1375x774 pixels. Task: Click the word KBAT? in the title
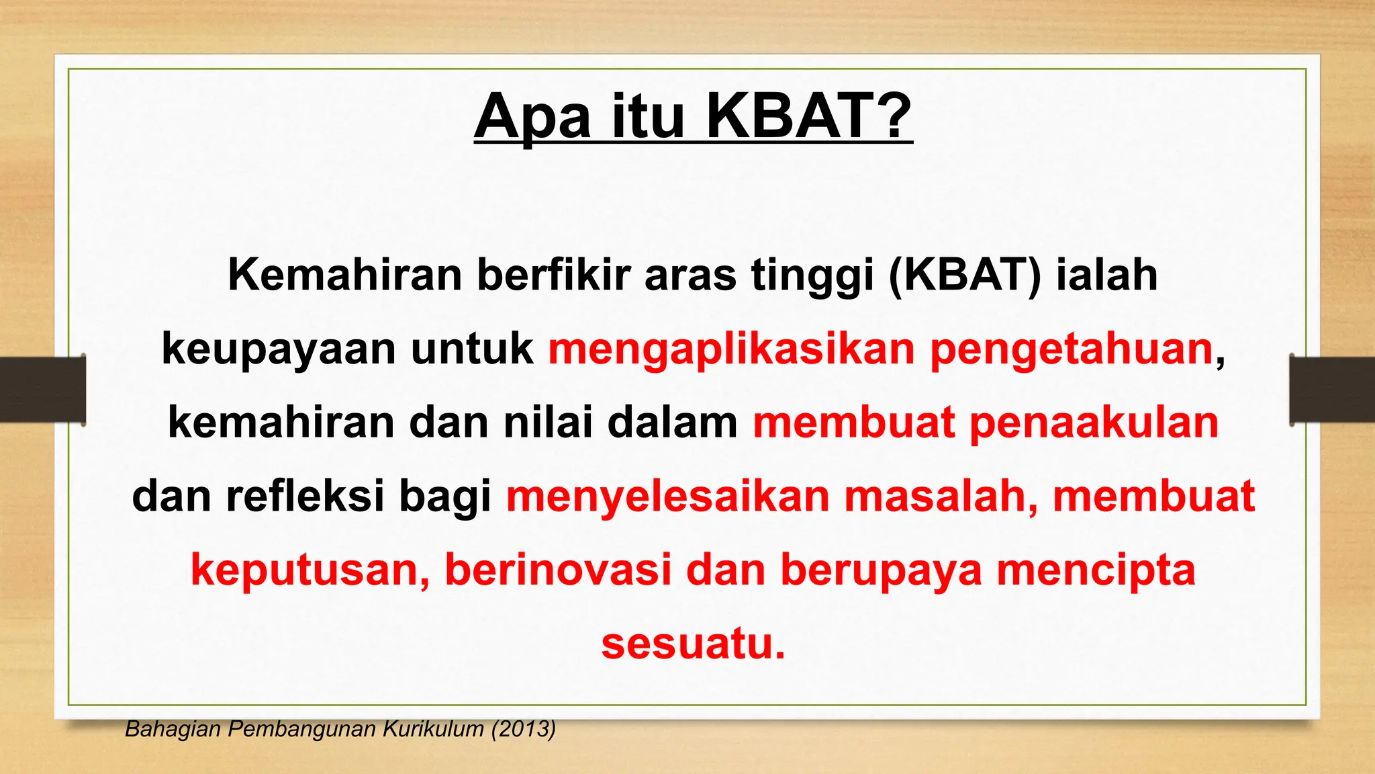[808, 116]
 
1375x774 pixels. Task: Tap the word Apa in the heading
[532, 116]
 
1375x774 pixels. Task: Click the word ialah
[1106, 275]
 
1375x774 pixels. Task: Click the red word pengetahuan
[1072, 349]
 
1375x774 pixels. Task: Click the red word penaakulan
[1094, 423]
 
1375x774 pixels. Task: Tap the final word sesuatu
[692, 643]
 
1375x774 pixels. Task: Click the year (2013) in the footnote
[523, 729]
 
